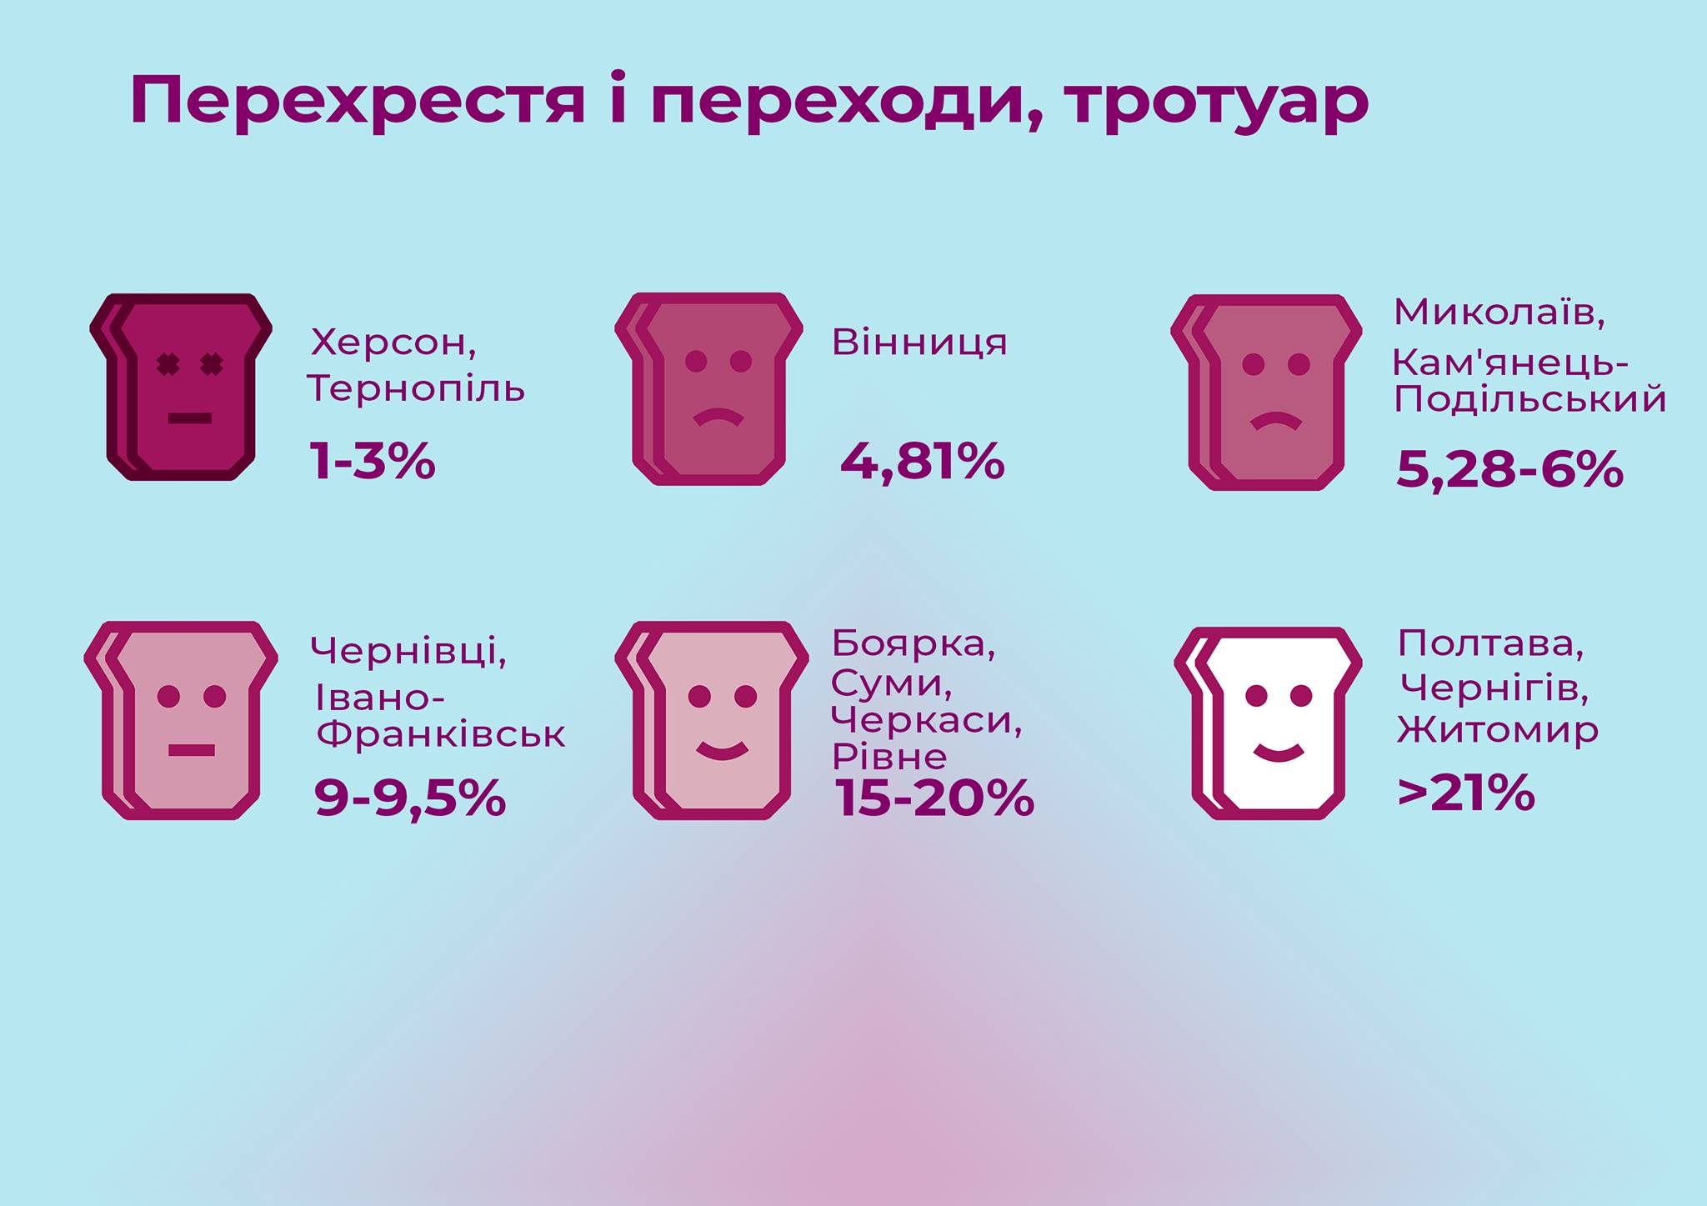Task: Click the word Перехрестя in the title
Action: [x=357, y=102]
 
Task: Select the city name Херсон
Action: [x=393, y=342]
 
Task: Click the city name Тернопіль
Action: [x=416, y=388]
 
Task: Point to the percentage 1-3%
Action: [x=372, y=460]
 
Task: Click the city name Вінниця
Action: [x=919, y=342]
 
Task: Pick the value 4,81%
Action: [x=922, y=461]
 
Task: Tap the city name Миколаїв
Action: [x=1499, y=313]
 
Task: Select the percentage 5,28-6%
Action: [x=1509, y=469]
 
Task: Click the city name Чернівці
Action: [x=408, y=650]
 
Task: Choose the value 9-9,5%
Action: [x=409, y=798]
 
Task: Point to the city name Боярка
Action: [x=913, y=643]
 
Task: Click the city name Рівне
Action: [x=889, y=757]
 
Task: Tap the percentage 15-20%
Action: [x=934, y=798]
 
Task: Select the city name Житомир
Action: [x=1498, y=730]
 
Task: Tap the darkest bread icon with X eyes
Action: [x=181, y=387]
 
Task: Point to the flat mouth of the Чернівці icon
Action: [x=191, y=750]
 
